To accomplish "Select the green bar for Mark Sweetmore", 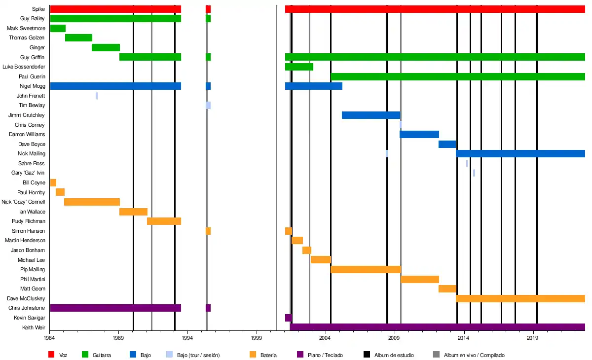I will [x=58, y=28].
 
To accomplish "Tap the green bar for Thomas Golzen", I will [x=78, y=38].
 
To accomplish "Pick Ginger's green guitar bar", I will [x=106, y=47].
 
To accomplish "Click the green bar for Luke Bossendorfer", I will [x=299, y=67].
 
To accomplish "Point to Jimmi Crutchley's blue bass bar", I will [x=370, y=115].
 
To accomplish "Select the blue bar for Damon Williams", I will [x=419, y=134].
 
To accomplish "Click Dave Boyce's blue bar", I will [x=447, y=144].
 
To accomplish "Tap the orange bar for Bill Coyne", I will [x=53, y=182].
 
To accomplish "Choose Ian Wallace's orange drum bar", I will [x=133, y=212].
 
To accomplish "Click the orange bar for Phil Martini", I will [x=419, y=279].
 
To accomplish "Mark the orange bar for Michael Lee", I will [x=321, y=260].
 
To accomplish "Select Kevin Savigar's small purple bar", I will [x=288, y=318].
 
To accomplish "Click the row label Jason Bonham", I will [x=28, y=250].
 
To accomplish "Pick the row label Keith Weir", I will [x=34, y=327].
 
